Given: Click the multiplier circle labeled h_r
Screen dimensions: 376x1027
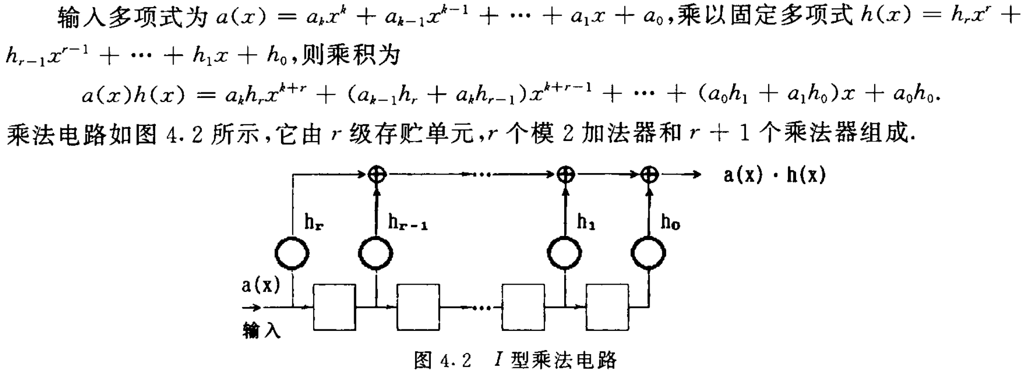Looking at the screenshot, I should coord(292,253).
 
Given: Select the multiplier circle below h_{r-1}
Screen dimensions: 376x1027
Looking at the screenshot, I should coord(375,253).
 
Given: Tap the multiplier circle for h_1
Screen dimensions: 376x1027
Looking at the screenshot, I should coord(565,253).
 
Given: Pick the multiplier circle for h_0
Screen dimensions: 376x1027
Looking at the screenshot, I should coord(648,253).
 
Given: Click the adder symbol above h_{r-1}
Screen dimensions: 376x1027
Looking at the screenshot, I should coord(376,175).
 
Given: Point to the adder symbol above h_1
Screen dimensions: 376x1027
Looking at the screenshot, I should coord(566,175).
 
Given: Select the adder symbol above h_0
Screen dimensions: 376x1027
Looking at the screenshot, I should coord(649,175).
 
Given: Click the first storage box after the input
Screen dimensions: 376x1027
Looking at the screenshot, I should coord(334,307).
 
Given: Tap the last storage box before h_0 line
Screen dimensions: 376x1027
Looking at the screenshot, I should coord(607,307).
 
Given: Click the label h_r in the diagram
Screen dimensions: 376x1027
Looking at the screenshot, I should coord(314,222).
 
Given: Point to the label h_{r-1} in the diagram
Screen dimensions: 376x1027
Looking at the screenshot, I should coord(407,222).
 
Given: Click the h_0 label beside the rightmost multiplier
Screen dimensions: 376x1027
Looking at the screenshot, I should coord(670,222).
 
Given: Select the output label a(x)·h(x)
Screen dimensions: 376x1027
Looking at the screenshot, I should coord(775,175).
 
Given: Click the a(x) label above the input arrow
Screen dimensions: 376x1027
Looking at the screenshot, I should coord(260,285).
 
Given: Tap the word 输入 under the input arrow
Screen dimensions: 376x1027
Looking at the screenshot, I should coord(261,331).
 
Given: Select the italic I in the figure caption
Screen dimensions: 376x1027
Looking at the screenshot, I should coord(498,360).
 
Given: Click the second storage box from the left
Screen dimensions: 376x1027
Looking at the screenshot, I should coord(418,307).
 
